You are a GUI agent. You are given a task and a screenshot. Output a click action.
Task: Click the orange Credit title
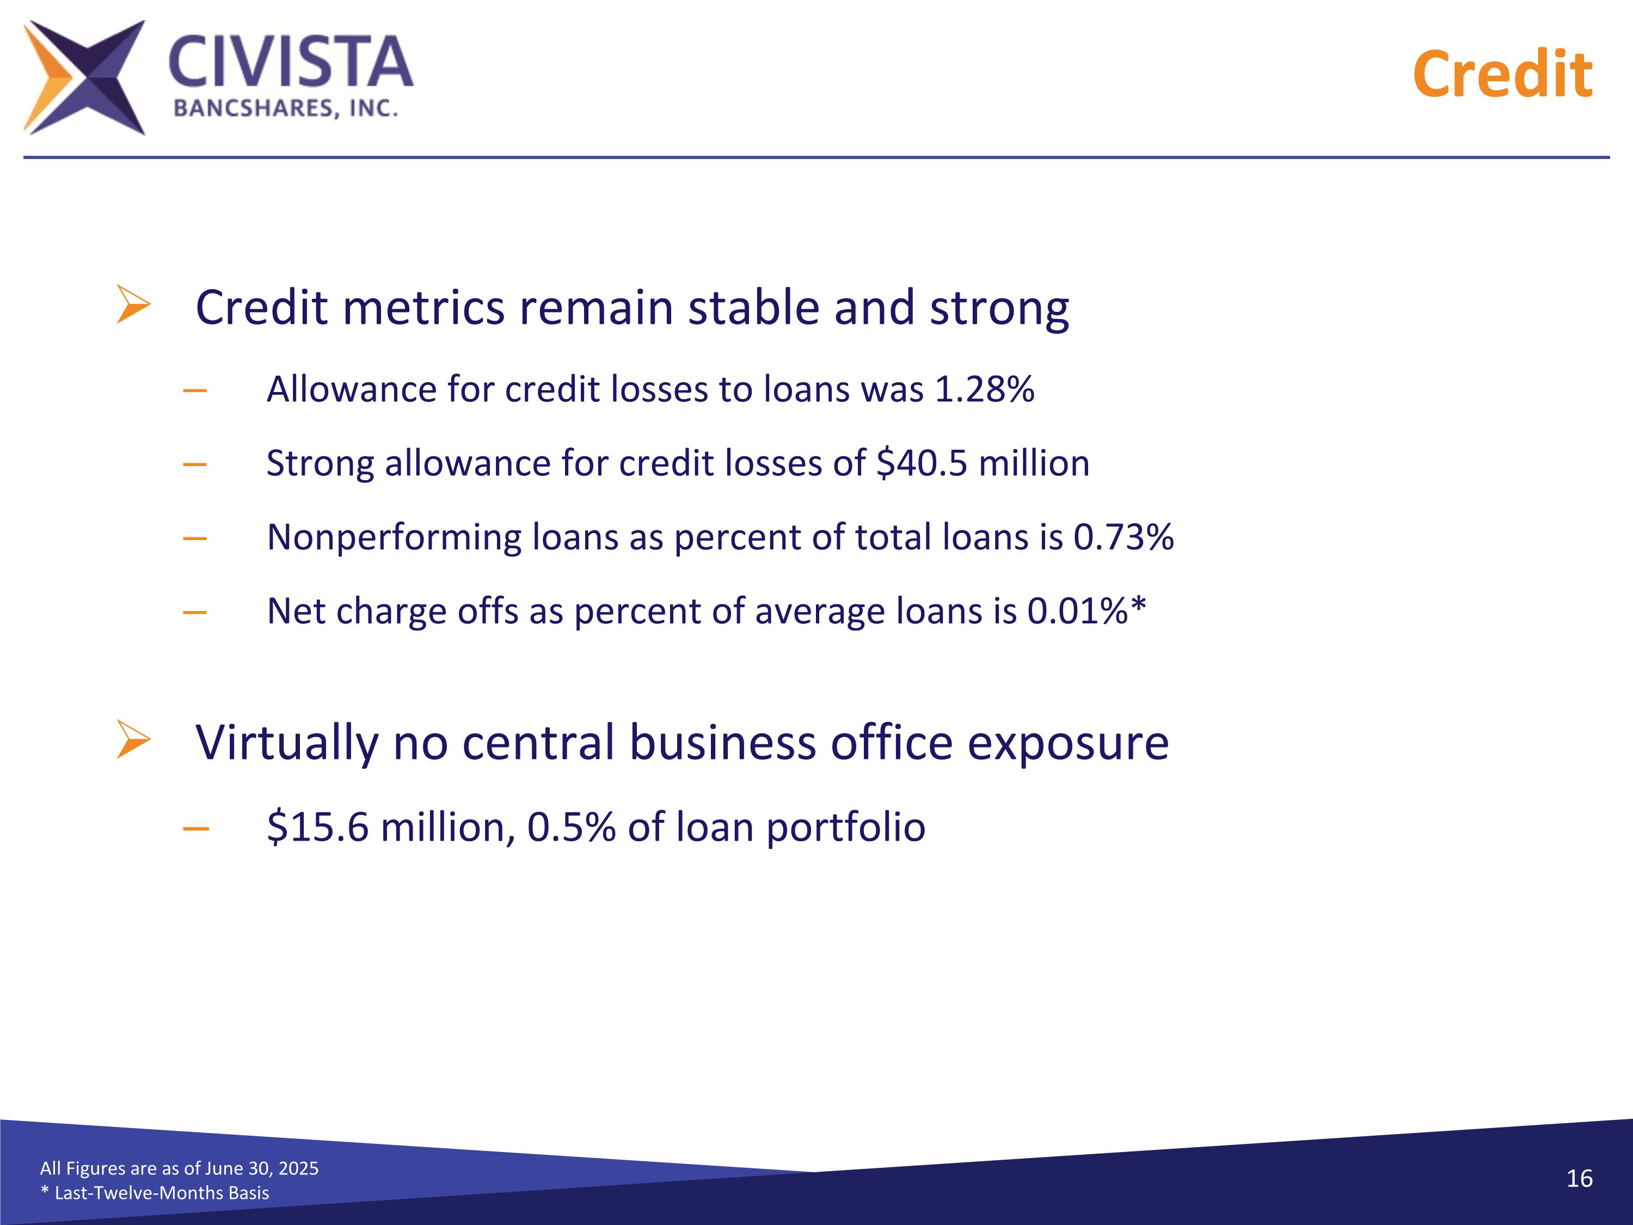point(1502,75)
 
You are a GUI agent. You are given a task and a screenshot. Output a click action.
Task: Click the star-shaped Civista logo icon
point(83,77)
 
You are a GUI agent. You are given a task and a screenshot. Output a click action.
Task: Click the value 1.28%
point(984,389)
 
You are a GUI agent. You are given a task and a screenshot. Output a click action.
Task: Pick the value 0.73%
point(1123,537)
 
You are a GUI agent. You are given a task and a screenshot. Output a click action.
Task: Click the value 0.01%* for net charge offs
point(1086,611)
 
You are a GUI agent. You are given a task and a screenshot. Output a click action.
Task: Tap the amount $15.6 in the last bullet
point(317,826)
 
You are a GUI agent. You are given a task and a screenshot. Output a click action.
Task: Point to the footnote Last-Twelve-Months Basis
point(161,1192)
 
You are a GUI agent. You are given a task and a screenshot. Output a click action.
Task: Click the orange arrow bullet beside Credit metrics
point(133,304)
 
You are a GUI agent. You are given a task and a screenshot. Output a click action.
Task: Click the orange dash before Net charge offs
point(195,611)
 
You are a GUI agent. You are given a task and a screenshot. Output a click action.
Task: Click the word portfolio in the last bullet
point(845,827)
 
